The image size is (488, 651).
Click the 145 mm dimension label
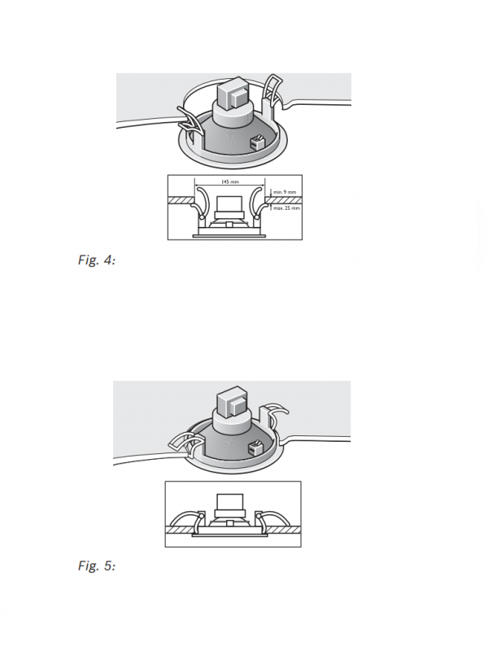[x=230, y=181]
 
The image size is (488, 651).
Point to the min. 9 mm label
[x=285, y=192]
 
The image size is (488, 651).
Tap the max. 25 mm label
[x=286, y=208]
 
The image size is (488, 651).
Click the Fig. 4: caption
[x=97, y=260]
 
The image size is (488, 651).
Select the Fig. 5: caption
[x=97, y=566]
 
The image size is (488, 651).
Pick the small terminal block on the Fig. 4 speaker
[x=257, y=142]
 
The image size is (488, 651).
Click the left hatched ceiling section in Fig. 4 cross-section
[x=181, y=200]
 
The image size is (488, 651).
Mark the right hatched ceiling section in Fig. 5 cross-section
[x=283, y=530]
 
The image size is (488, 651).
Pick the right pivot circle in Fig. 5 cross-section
[x=258, y=516]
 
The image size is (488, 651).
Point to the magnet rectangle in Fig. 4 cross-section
[x=229, y=204]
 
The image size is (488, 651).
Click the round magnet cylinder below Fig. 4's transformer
[x=233, y=113]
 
